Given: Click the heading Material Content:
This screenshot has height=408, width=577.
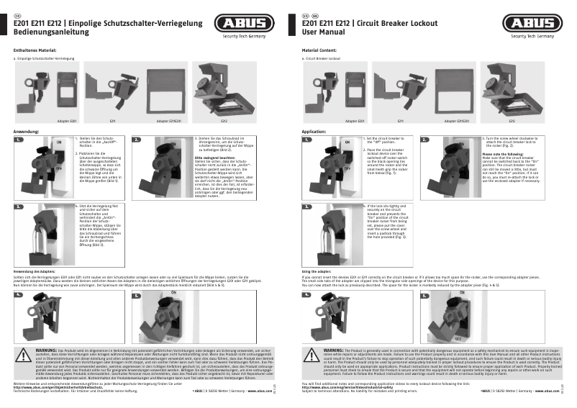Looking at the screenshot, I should point(319,50).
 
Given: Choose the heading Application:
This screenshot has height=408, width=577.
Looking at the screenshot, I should point(314,132).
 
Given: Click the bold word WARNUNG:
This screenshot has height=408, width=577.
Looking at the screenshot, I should point(47,349).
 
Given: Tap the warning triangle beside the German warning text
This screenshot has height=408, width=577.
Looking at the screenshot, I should point(26,354).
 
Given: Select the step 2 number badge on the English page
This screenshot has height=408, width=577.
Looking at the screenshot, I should point(425,140).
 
